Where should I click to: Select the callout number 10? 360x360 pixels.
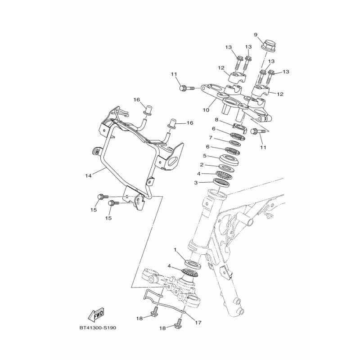[x=206, y=110]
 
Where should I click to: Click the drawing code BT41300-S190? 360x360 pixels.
[x=98, y=328]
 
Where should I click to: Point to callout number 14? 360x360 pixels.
[x=88, y=176]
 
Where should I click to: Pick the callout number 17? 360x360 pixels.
[x=198, y=323]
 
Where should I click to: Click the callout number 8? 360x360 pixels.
[x=216, y=120]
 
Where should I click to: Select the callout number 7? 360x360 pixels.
[x=210, y=138]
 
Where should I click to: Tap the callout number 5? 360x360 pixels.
[x=205, y=156]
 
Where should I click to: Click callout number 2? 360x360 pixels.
[x=202, y=165]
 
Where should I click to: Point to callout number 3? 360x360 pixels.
[x=196, y=183]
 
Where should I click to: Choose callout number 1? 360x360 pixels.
[x=175, y=250]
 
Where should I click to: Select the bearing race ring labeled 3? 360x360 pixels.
[x=222, y=182]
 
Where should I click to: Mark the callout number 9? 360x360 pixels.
[x=256, y=35]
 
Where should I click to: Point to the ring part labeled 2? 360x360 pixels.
[x=225, y=168]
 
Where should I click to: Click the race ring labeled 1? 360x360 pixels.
[x=193, y=264]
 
